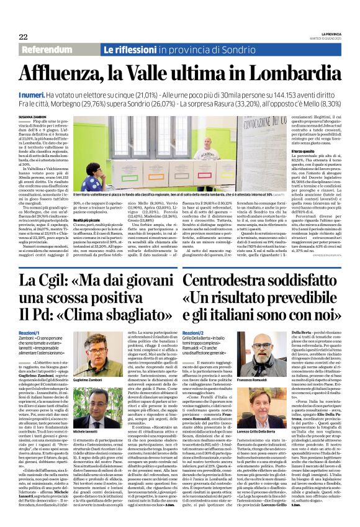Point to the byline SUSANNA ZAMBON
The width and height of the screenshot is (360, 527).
pos(33,116)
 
